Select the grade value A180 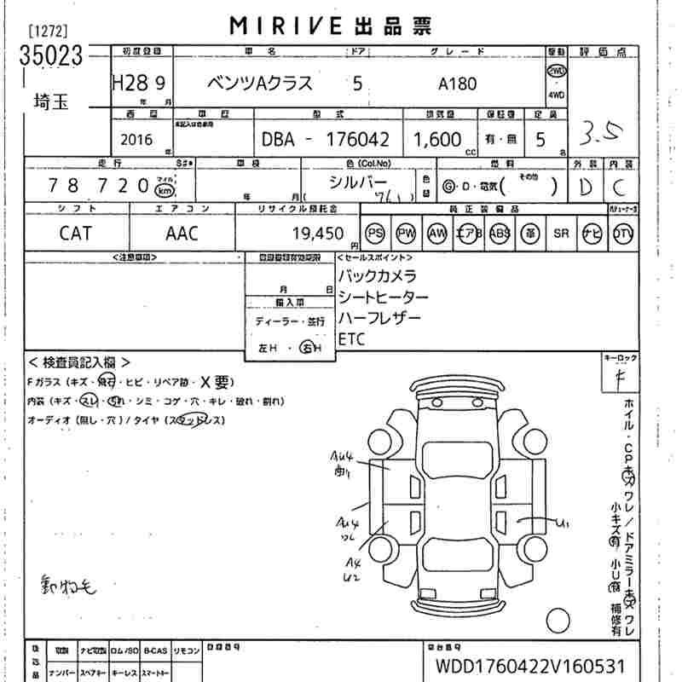(458, 84)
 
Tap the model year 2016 (138, 139)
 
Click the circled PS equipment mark (375, 233)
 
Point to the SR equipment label (561, 233)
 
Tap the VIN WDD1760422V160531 (529, 664)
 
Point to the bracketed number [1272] (49, 32)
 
